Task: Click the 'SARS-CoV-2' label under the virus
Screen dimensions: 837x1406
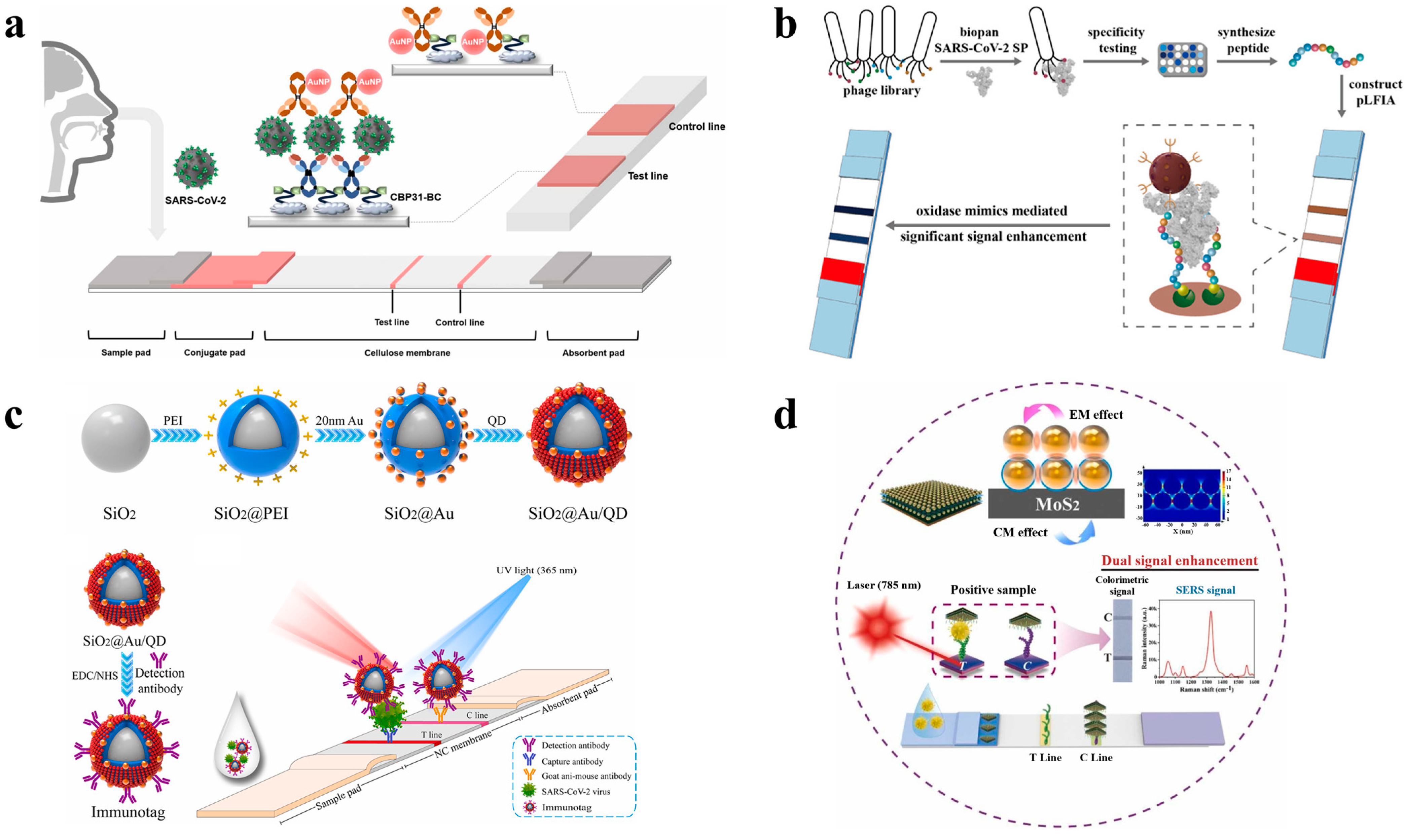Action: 195,200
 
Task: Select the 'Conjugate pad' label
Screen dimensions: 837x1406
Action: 214,352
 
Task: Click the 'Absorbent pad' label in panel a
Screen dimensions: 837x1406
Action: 593,352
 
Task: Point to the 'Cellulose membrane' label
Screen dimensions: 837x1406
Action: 407,352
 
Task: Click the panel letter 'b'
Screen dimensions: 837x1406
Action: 785,25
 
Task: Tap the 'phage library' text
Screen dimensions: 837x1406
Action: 881,90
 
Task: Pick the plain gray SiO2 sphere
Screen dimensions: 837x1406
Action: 116,438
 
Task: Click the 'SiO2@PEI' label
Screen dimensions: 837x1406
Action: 251,513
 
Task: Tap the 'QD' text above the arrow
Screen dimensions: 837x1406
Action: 497,421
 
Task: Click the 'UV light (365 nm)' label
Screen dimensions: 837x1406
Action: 536,570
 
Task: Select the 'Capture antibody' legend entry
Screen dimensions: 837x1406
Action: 572,761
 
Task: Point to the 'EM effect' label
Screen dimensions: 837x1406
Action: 1096,415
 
